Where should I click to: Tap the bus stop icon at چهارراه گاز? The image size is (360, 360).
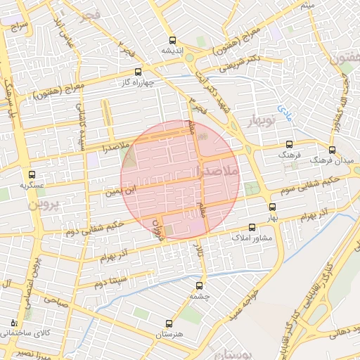[138, 72]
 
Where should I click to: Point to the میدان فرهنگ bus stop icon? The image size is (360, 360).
[332, 150]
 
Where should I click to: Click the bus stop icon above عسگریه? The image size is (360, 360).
[31, 175]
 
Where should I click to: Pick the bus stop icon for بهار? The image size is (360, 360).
[272, 207]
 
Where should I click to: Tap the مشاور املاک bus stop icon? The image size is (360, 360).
[252, 227]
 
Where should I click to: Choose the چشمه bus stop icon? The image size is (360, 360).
[199, 285]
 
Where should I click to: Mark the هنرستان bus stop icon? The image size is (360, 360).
[168, 323]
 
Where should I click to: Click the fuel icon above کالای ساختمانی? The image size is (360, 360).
[14, 323]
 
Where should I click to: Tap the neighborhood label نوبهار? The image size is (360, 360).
[262, 122]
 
